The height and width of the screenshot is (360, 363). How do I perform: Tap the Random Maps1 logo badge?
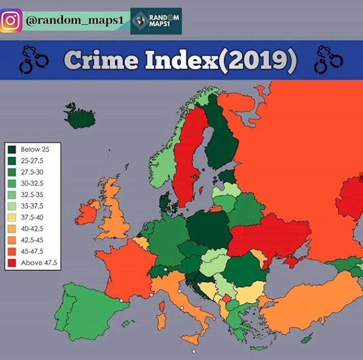click(156, 21)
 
